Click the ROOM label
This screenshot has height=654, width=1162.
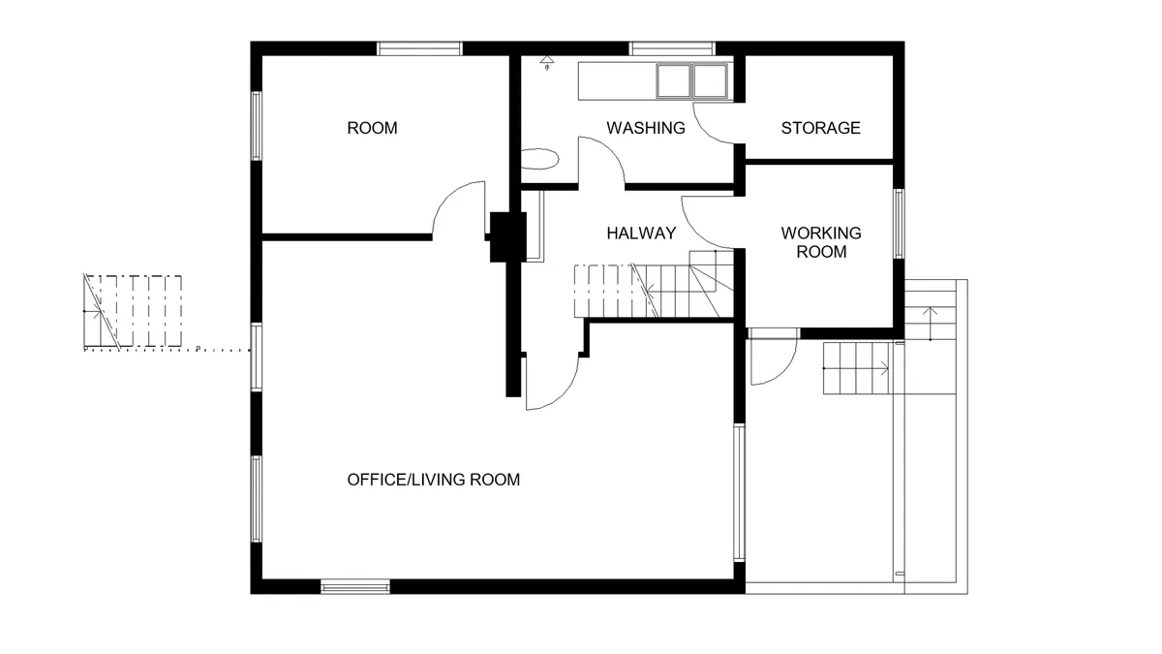(372, 128)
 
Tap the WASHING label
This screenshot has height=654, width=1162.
(646, 128)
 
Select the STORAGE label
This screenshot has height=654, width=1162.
(821, 128)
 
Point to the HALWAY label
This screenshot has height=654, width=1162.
(641, 234)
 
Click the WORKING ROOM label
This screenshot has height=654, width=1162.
(821, 242)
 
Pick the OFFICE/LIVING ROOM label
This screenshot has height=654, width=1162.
(434, 480)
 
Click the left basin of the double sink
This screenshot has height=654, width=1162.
(673, 81)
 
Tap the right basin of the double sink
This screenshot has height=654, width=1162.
(710, 81)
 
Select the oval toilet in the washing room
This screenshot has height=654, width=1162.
(540, 159)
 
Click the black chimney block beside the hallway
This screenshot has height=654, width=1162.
(507, 236)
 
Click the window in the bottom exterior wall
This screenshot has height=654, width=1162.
(355, 587)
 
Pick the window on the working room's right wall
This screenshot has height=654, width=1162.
(899, 224)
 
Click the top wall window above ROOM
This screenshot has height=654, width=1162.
(419, 48)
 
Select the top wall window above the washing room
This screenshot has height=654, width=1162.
(672, 48)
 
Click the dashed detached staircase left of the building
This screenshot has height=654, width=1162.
(133, 310)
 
